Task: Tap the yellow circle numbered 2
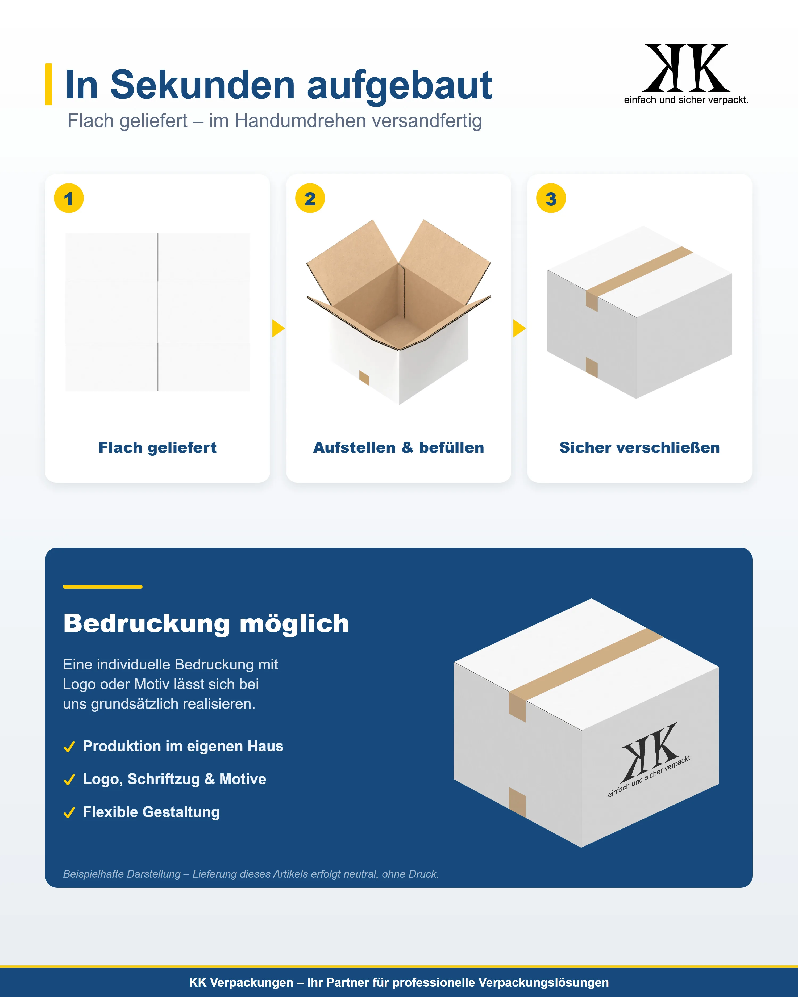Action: click(310, 198)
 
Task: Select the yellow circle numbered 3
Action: click(551, 198)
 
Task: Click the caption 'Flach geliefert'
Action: click(157, 448)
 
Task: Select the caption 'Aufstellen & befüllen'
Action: click(399, 448)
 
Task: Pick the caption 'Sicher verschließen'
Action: click(640, 448)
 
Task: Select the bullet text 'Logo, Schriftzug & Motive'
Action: click(174, 779)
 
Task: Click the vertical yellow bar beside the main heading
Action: click(49, 84)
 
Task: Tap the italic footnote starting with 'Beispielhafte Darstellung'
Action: click(251, 874)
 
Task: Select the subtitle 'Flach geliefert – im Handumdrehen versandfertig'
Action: click(275, 121)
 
